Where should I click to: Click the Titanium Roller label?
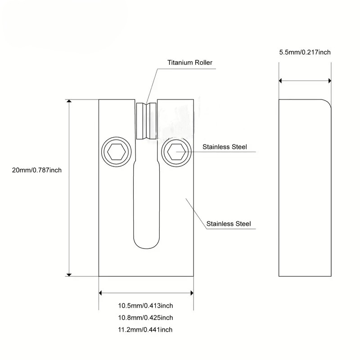click(x=189, y=63)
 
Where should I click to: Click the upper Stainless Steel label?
click(x=225, y=147)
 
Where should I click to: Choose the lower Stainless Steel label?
click(x=228, y=224)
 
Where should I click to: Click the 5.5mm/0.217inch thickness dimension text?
click(x=305, y=52)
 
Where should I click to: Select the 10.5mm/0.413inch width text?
click(x=145, y=306)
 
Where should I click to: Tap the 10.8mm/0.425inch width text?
click(x=145, y=318)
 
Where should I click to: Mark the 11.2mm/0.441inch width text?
click(x=145, y=330)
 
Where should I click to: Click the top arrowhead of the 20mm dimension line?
click(x=69, y=102)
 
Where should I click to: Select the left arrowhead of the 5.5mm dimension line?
click(x=281, y=81)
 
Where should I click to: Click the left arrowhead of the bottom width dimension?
click(x=101, y=293)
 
